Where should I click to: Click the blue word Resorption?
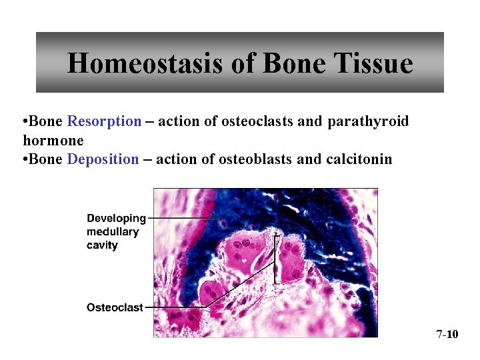tap(104, 122)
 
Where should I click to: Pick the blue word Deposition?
tap(103, 159)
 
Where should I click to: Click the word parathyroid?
tap(368, 122)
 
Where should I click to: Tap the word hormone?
tap(53, 141)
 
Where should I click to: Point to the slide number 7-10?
tap(447, 334)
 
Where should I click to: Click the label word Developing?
tap(116, 218)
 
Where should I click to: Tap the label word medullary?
tap(113, 231)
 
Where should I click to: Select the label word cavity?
tap(102, 245)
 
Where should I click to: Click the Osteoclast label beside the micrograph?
tap(115, 307)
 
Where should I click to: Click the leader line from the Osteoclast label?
tap(177, 307)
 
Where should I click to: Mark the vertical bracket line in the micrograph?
tap(275, 260)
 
